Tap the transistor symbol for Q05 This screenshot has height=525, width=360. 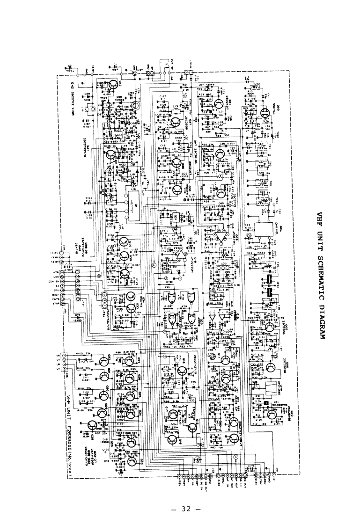pyautogui.click(x=269, y=327)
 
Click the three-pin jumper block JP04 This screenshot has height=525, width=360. pyautogui.click(x=104, y=297)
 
